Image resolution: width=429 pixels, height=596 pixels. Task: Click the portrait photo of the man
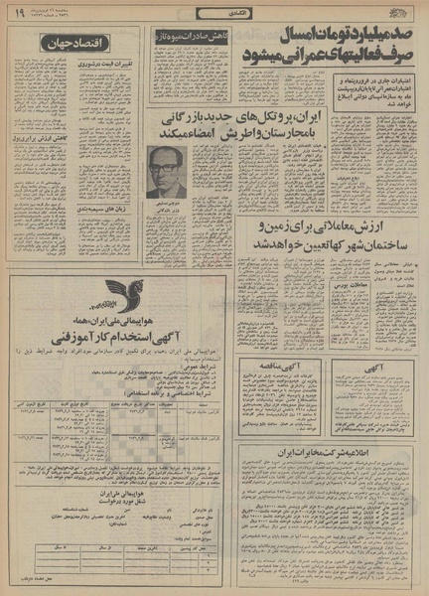click(166, 171)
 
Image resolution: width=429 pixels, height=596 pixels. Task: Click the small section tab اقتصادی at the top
click(216, 13)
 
